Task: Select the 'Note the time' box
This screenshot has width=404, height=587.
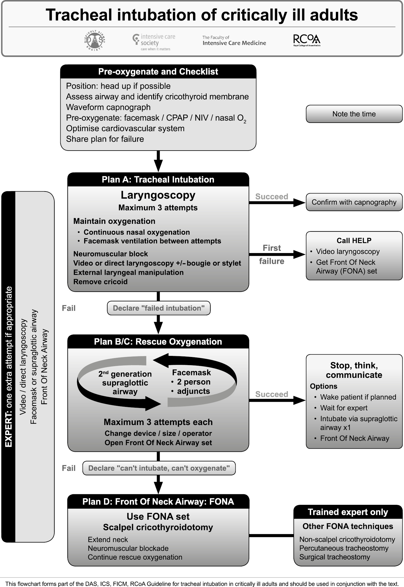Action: [354, 114]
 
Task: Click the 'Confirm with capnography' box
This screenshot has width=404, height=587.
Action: [354, 202]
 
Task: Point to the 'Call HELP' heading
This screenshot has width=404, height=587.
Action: [354, 241]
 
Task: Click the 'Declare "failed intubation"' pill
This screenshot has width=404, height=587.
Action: [159, 308]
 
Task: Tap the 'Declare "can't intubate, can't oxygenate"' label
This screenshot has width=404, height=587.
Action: [159, 468]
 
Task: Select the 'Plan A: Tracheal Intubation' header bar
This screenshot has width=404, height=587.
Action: [158, 180]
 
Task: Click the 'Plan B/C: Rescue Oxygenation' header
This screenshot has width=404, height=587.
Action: [158, 342]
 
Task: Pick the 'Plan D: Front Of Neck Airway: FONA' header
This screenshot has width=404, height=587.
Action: [158, 502]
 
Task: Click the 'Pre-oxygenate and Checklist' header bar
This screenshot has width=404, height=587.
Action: [158, 72]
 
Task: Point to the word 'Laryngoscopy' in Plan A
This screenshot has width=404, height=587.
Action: [158, 195]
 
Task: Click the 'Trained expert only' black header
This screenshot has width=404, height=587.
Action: [348, 512]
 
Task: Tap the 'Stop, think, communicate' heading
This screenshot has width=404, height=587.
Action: [354, 370]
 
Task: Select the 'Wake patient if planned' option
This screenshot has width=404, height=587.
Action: [358, 397]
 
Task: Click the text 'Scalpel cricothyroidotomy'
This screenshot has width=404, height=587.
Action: [158, 527]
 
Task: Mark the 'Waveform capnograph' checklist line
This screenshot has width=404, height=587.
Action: [108, 107]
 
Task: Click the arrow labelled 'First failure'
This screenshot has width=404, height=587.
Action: [277, 254]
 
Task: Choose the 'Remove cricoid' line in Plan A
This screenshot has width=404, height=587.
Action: [100, 282]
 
